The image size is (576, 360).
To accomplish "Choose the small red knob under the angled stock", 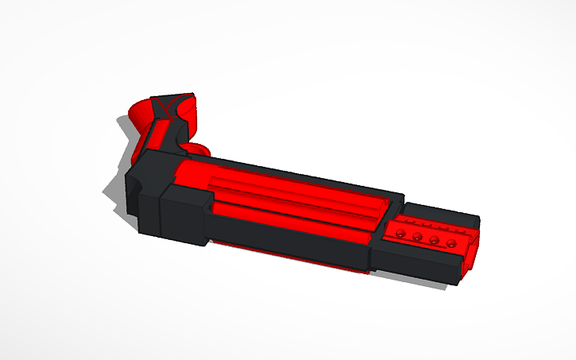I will [x=199, y=149].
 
